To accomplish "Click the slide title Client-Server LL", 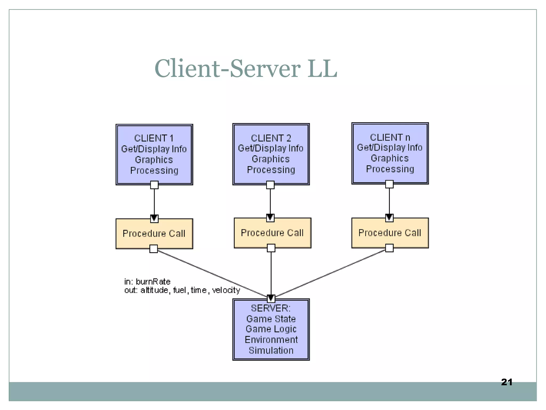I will point(246,69).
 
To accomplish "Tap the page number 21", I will point(507,382).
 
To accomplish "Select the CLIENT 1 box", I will point(154,154).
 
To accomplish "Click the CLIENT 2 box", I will point(271,154).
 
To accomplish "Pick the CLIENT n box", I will point(390,153).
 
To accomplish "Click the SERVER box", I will point(271,329).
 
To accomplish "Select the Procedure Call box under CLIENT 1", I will point(154,234).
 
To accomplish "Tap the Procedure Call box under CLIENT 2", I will point(272,233).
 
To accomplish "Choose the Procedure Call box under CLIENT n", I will point(390,233).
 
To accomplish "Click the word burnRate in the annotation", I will point(153,282).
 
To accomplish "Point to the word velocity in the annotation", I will point(226,290).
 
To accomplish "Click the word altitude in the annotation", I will point(155,290).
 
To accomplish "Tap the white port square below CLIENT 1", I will point(154,185).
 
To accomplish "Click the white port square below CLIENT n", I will point(389,184).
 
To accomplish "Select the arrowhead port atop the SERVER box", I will point(271,298).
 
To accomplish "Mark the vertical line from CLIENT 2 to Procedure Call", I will point(270,202).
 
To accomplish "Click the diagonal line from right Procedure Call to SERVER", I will point(331,273).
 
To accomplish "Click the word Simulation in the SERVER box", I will point(271,350).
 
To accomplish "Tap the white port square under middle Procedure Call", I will point(271,248).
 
